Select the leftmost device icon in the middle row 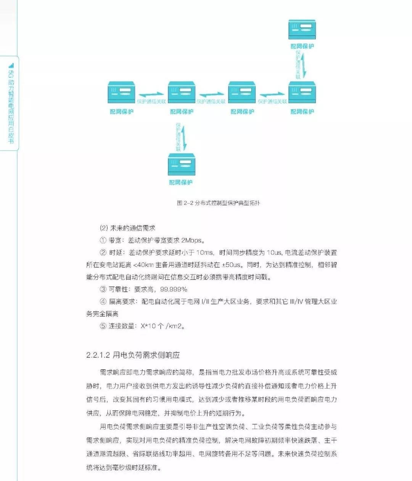121,93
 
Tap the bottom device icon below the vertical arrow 182,164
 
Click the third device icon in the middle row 242,93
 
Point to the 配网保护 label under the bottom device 181,183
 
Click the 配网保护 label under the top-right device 302,47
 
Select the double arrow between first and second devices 151,94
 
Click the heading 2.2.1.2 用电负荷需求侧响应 133,355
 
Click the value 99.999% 174,289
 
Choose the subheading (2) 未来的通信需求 127,228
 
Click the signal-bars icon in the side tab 11,66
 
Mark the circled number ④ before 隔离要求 103,302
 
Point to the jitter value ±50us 232,265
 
